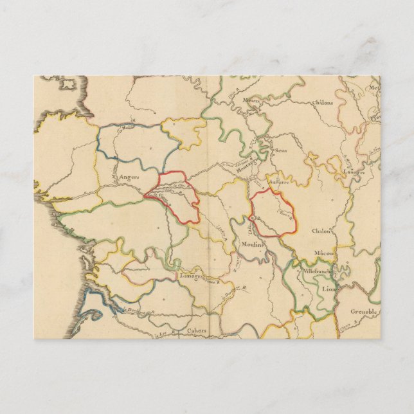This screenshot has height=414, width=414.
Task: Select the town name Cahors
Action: coord(196,330)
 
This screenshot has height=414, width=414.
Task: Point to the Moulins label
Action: coord(253,244)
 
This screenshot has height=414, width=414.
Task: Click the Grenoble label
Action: coord(364,311)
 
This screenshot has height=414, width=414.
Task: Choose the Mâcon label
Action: coord(325,254)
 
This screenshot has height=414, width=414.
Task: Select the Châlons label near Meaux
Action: coord(323,102)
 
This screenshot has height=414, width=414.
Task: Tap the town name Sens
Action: coord(280,151)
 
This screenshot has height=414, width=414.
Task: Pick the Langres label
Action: coord(353,172)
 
